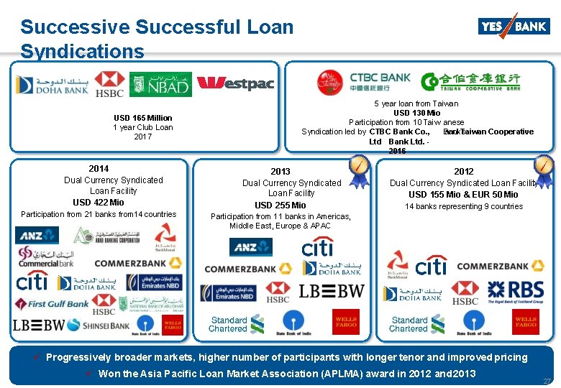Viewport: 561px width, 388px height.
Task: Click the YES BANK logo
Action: [x=514, y=26]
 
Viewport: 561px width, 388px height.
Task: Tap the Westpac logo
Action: [x=235, y=83]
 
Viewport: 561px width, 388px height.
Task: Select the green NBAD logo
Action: [x=160, y=85]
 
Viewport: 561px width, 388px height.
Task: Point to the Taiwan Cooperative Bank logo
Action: [x=471, y=81]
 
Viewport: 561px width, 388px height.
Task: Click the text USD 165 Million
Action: [x=142, y=118]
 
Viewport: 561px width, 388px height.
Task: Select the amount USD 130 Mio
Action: [x=417, y=113]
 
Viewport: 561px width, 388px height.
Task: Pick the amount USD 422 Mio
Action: [x=98, y=203]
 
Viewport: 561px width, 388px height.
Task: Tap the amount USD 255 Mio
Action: [x=280, y=205]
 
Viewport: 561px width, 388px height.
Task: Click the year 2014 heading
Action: [x=99, y=169]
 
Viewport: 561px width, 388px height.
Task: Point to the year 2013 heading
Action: [x=280, y=172]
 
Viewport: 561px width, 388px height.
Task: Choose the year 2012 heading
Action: [x=464, y=172]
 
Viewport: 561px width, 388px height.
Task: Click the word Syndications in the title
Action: [x=82, y=52]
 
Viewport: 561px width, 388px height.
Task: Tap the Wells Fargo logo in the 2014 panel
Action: [x=172, y=325]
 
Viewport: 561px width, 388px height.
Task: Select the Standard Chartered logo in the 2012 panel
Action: [x=409, y=324]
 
